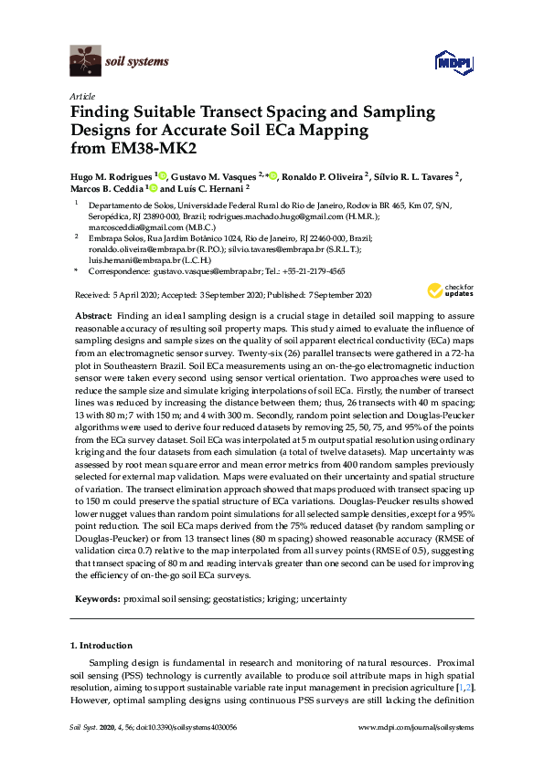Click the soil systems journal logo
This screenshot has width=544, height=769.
119,62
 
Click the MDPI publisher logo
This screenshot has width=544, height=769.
448,62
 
